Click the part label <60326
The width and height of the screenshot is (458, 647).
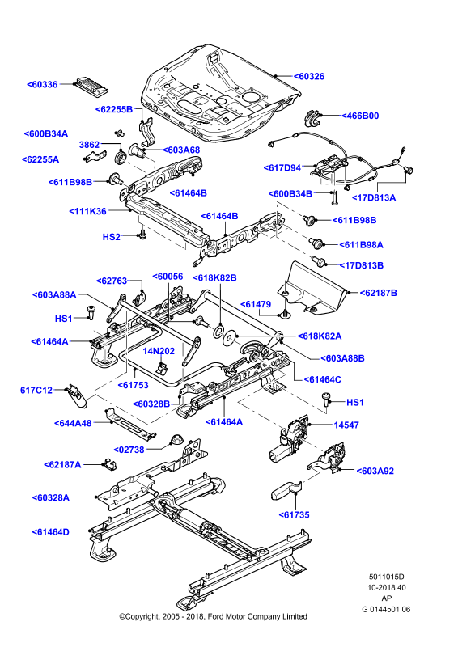(309, 76)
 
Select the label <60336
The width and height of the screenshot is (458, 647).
(42, 85)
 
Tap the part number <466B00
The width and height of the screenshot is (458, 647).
(360, 116)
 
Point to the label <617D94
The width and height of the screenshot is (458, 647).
(282, 168)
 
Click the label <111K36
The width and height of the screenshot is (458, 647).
(87, 211)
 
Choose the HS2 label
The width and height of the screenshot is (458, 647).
(111, 237)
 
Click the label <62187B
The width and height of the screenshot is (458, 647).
(378, 293)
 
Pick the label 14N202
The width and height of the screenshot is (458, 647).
(159, 351)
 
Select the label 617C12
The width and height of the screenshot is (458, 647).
(36, 390)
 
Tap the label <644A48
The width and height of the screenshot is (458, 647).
(73, 423)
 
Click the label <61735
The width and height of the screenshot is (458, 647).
(294, 514)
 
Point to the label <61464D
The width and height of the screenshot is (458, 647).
(51, 532)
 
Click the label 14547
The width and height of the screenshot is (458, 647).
(346, 425)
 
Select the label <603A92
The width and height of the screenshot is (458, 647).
(375, 471)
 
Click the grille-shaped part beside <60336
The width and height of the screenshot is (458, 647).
(91, 86)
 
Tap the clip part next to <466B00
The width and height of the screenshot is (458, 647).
(312, 118)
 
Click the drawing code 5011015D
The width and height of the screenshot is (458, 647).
(387, 577)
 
